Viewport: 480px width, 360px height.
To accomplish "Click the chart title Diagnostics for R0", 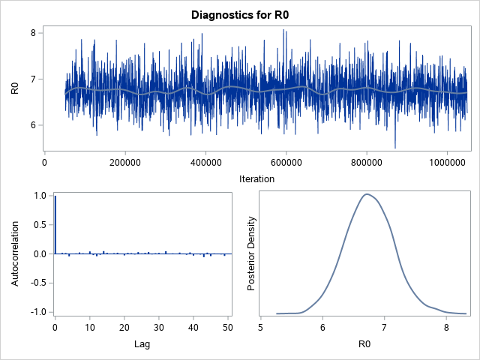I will tap(240, 14).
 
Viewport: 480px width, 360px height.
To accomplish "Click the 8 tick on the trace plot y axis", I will tap(33, 33).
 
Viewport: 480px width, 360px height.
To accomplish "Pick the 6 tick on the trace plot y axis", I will tap(33, 125).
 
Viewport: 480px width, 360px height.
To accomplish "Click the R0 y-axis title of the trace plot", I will tap(14, 88).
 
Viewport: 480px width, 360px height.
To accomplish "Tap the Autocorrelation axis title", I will tap(14, 253).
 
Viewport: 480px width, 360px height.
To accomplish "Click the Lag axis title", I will tap(143, 344).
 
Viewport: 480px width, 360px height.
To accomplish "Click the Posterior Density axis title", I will tap(253, 253).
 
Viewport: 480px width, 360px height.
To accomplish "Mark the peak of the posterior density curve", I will tap(367, 194).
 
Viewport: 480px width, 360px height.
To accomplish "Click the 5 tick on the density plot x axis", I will tap(260, 327).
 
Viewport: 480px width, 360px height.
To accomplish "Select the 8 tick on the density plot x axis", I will tap(446, 327).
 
